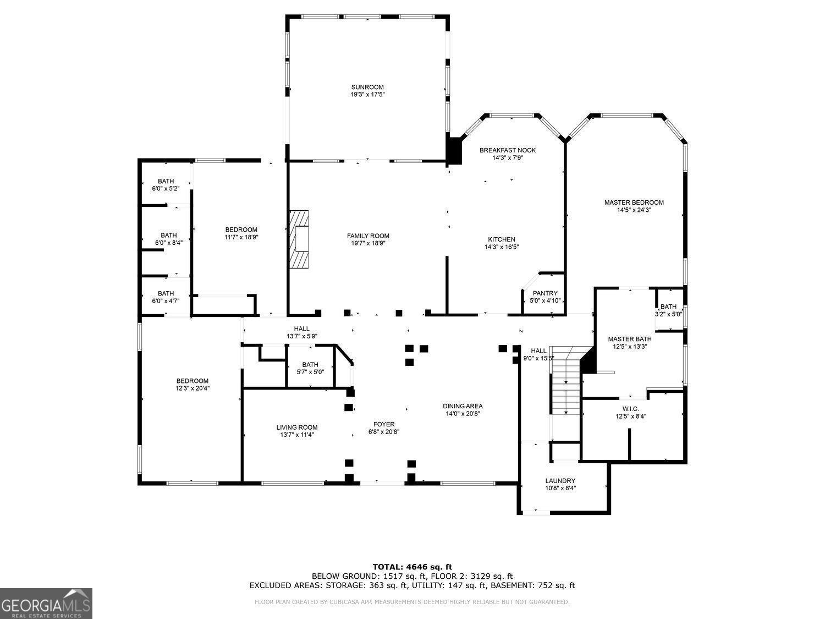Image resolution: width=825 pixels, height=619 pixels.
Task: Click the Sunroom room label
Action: click(x=367, y=87)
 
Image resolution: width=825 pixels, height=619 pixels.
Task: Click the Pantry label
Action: click(x=544, y=293)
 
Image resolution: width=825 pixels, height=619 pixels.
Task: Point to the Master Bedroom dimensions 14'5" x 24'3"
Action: click(x=634, y=210)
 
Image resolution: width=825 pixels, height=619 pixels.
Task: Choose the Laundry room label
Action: click(x=560, y=480)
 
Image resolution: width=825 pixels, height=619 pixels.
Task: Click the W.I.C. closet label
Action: click(x=630, y=409)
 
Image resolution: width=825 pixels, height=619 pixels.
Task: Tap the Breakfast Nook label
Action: click(x=507, y=150)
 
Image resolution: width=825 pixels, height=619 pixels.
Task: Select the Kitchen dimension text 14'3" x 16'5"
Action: click(x=502, y=247)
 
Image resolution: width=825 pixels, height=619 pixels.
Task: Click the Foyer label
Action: click(x=383, y=424)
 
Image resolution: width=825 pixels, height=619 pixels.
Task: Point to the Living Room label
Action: click(x=296, y=427)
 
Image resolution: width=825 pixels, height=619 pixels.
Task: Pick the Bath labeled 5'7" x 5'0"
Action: click(x=310, y=368)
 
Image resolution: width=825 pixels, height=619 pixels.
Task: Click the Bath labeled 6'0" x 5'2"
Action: click(x=166, y=185)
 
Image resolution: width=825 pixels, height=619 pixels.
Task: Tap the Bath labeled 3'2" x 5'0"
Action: click(x=668, y=310)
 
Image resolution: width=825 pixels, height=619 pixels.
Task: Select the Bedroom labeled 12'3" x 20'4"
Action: click(x=192, y=384)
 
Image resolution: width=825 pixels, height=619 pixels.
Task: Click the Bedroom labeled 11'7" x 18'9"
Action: click(x=241, y=233)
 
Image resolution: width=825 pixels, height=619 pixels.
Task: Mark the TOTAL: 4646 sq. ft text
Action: click(x=412, y=566)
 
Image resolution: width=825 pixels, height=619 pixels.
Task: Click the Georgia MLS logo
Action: click(x=46, y=604)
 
